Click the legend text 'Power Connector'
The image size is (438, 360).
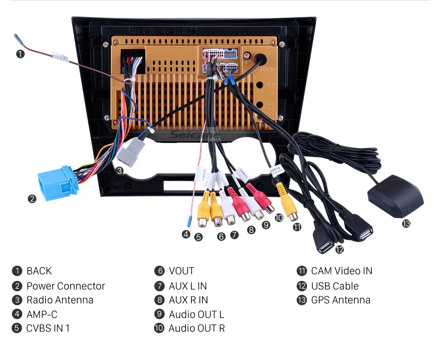pyautogui.click(x=66, y=286)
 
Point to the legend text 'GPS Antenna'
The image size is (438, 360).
pyautogui.click(x=341, y=300)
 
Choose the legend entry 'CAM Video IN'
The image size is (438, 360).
pyautogui.click(x=341, y=271)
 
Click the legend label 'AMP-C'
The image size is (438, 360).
pyautogui.click(x=42, y=314)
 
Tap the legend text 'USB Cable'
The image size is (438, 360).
pyautogui.click(x=335, y=286)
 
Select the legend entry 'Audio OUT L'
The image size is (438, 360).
pyautogui.click(x=196, y=314)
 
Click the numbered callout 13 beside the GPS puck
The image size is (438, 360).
pyautogui.click(x=406, y=224)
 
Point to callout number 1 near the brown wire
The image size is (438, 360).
pyautogui.click(x=20, y=54)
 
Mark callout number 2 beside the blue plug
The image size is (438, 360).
pyautogui.click(x=32, y=199)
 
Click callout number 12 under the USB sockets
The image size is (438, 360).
pyautogui.click(x=340, y=250)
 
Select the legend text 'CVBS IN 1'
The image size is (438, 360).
pyautogui.click(x=48, y=328)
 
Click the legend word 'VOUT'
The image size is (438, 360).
pyautogui.click(x=181, y=271)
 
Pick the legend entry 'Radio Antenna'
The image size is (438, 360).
pyautogui.click(x=60, y=300)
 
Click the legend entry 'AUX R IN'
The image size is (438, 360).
pyautogui.click(x=188, y=300)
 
